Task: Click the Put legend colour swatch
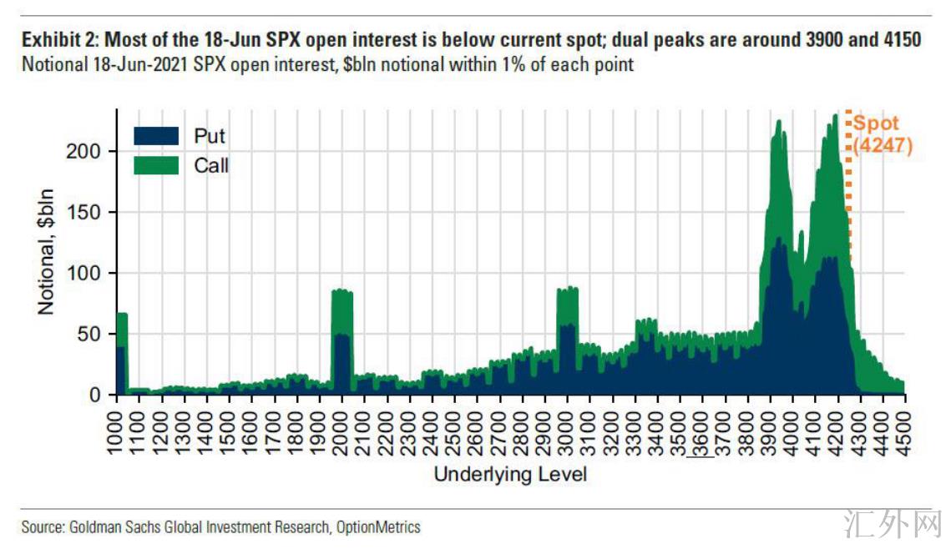click(156, 135)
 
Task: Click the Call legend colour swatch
click(156, 165)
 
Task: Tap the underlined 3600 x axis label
click(704, 431)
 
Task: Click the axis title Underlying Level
click(510, 475)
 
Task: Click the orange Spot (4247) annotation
click(882, 135)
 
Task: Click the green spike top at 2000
click(342, 290)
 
